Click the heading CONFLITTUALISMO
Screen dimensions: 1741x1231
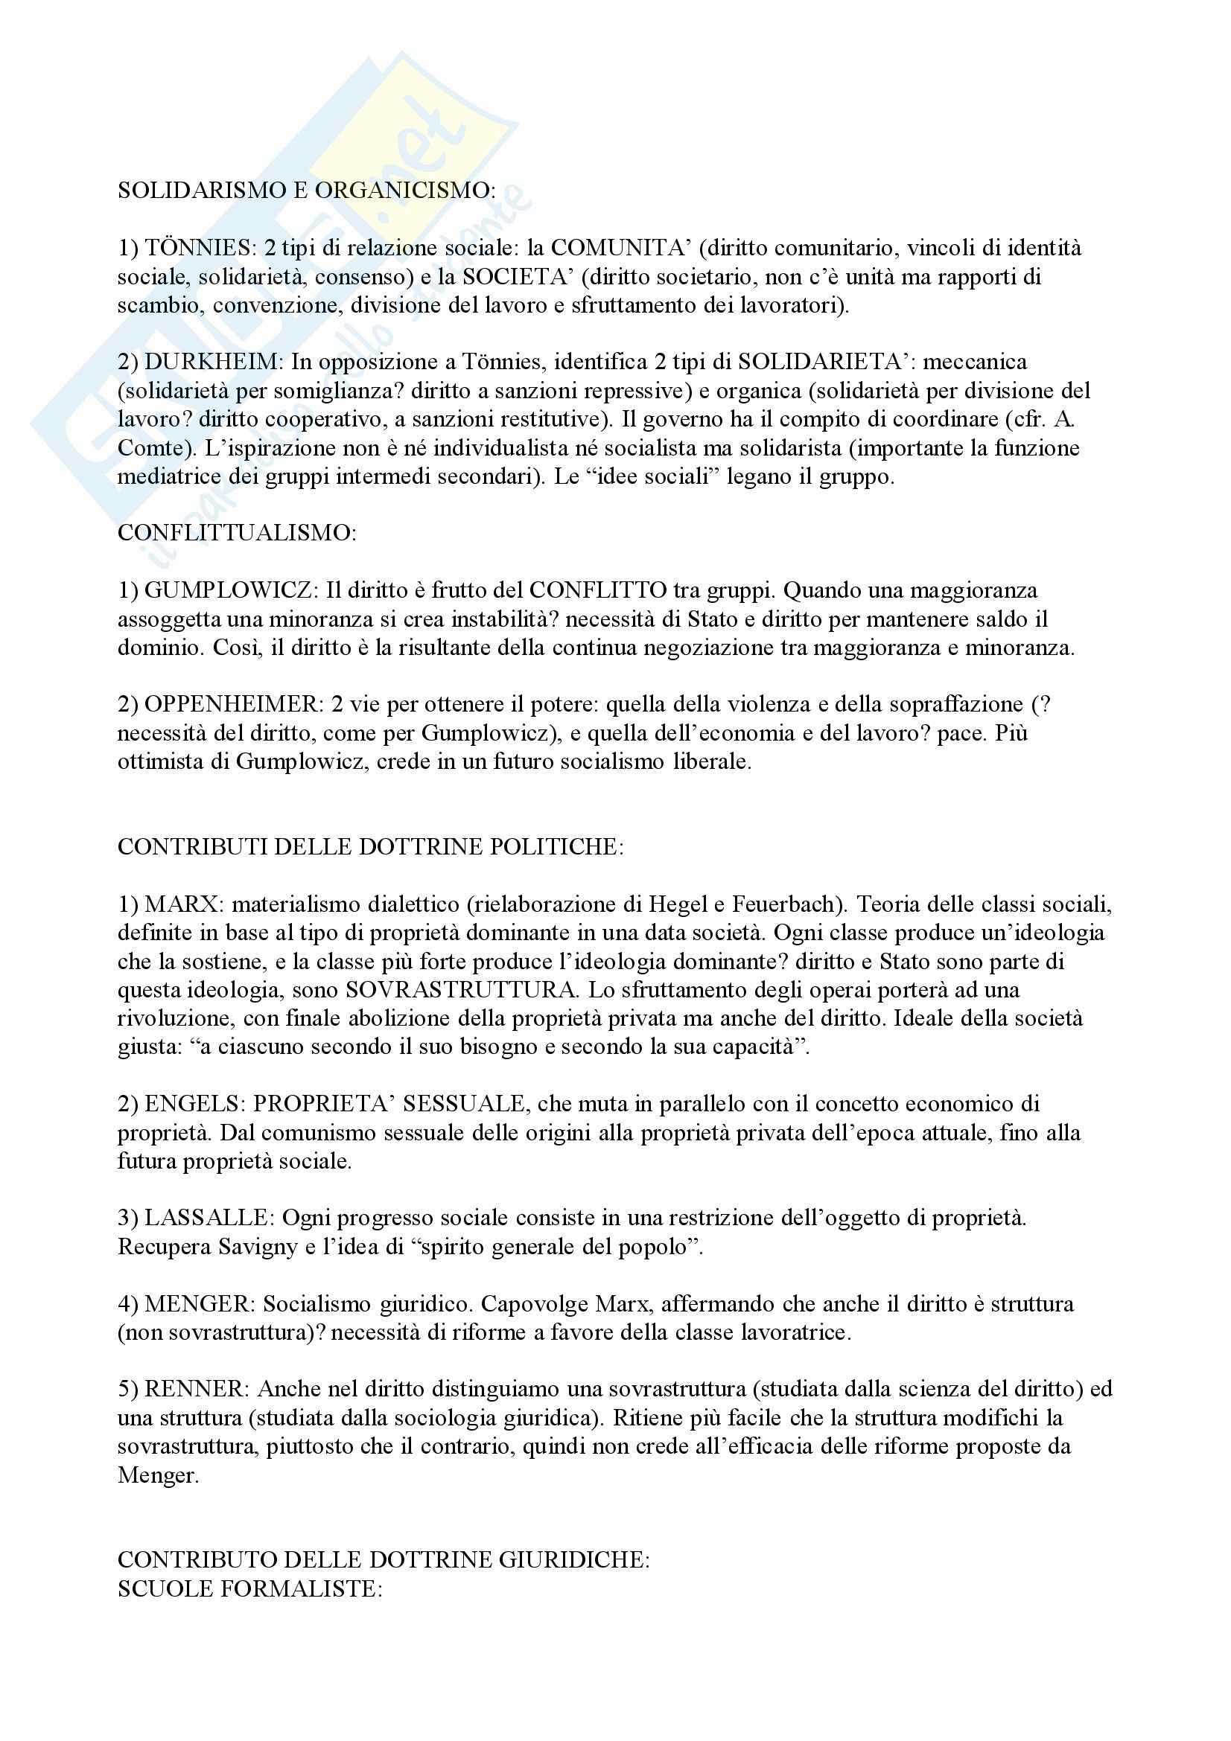[237, 533]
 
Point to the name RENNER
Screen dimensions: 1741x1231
[196, 1390]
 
